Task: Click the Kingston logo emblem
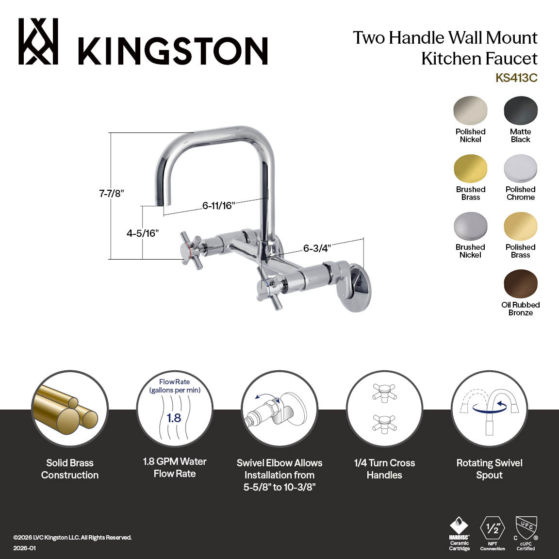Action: [38, 42]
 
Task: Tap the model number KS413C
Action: [516, 78]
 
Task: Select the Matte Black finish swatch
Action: [521, 111]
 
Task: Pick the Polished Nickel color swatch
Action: [470, 111]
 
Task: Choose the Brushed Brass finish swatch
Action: [470, 169]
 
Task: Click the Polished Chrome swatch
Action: [521, 169]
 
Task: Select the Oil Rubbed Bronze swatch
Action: [521, 284]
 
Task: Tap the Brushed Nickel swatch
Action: [470, 227]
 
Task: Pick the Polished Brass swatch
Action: [521, 227]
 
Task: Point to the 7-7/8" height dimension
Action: [112, 193]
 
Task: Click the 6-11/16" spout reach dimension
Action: [219, 206]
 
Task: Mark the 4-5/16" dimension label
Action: [143, 233]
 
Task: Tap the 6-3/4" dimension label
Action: [317, 248]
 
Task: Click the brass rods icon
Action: [70, 409]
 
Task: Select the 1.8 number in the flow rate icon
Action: [174, 418]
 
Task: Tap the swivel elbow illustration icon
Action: [279, 409]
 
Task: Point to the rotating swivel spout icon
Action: [490, 409]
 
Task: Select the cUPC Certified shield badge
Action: [526, 527]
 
